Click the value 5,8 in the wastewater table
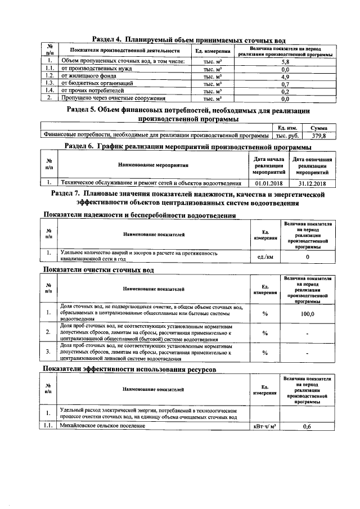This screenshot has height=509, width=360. click(x=285, y=61)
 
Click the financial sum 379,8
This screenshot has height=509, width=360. click(x=318, y=136)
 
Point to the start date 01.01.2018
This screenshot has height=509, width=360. click(x=268, y=183)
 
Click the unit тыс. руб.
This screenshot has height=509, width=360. click(x=287, y=136)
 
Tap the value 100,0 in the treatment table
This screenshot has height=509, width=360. click(x=307, y=314)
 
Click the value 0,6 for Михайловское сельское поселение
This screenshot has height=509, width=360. click(x=307, y=427)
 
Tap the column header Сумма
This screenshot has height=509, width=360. click(x=318, y=128)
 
